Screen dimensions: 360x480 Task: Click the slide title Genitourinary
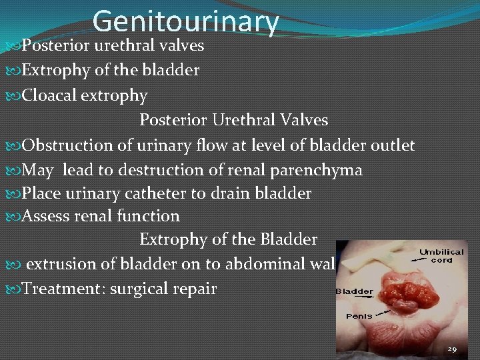185,21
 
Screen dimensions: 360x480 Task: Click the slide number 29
451,349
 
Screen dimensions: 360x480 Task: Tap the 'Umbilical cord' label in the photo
441,256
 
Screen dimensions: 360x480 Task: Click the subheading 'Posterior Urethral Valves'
233,120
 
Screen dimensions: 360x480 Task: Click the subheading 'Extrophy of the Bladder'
228,239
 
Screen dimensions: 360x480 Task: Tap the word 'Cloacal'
49,95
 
